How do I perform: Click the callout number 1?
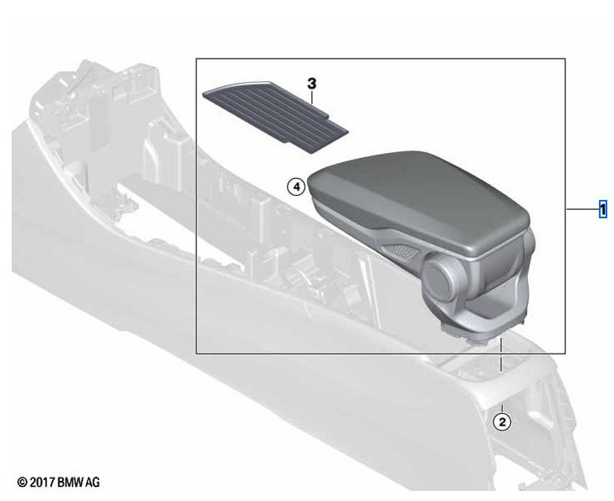click(603, 209)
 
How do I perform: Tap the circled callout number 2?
click(503, 422)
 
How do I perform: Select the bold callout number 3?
click(312, 84)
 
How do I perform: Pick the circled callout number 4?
click(296, 187)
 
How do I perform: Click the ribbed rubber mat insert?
click(275, 117)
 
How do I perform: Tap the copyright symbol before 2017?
click(23, 483)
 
